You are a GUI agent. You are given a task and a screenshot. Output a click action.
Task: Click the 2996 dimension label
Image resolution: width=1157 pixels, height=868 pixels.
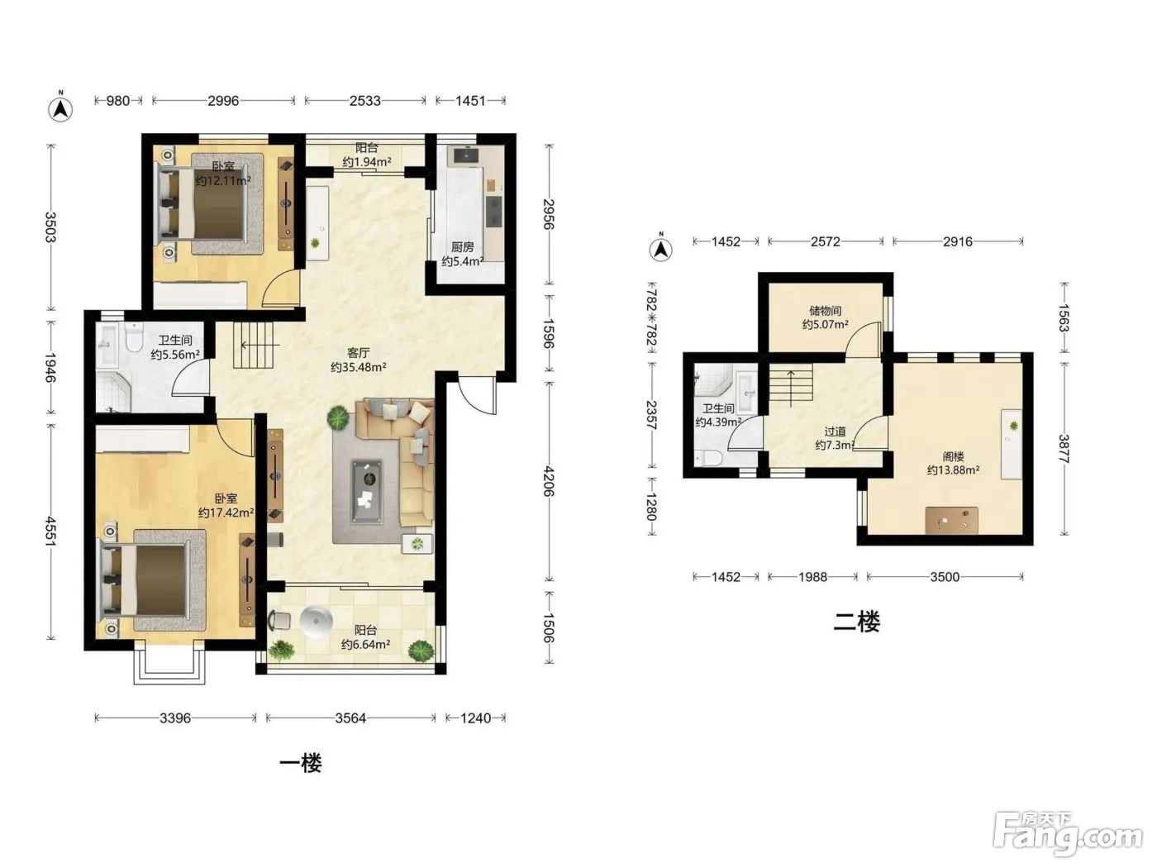pyautogui.click(x=223, y=100)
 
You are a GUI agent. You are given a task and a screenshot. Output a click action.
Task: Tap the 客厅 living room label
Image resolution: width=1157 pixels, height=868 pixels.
pyautogui.click(x=358, y=352)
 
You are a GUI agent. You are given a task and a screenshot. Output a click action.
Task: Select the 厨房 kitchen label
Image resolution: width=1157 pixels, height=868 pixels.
pyautogui.click(x=462, y=246)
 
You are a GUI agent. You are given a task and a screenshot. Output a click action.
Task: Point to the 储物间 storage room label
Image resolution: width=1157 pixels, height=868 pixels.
pyautogui.click(x=825, y=311)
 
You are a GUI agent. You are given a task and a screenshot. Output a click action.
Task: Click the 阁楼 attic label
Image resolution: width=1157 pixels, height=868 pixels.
pyautogui.click(x=953, y=456)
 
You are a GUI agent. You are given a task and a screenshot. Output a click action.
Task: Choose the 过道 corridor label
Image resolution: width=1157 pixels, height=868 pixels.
pyautogui.click(x=835, y=432)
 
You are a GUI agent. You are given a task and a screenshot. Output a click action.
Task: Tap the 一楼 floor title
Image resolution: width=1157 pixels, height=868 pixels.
pyautogui.click(x=300, y=763)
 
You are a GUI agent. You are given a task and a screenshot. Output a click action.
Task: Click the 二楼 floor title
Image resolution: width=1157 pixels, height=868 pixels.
pyautogui.click(x=856, y=622)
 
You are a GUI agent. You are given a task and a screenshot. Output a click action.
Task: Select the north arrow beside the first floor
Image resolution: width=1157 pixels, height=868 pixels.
pyautogui.click(x=60, y=108)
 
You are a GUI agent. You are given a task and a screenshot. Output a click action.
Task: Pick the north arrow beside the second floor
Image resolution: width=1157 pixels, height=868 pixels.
pyautogui.click(x=661, y=248)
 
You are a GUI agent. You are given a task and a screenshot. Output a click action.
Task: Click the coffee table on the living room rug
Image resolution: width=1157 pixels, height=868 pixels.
pyautogui.click(x=367, y=491)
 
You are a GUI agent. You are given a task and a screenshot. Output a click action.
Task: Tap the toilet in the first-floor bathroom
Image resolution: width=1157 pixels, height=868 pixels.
pyautogui.click(x=134, y=337)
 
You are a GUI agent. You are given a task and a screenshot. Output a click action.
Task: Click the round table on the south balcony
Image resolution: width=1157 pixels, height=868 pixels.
pyautogui.click(x=316, y=620)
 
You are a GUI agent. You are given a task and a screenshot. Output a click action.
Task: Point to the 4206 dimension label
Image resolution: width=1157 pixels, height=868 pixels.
pyautogui.click(x=548, y=481)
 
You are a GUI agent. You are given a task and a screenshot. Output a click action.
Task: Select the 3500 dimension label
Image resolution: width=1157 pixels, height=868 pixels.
pyautogui.click(x=945, y=577)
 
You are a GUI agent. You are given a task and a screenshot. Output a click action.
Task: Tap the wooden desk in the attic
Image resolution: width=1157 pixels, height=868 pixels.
pyautogui.click(x=951, y=520)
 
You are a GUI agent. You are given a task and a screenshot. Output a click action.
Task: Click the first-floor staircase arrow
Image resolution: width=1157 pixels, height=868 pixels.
pyautogui.click(x=259, y=346)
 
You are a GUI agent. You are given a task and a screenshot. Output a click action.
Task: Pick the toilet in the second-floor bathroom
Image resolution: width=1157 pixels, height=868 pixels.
pyautogui.click(x=708, y=458)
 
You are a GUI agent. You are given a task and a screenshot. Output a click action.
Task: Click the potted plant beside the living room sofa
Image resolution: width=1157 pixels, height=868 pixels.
pyautogui.click(x=338, y=419)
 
